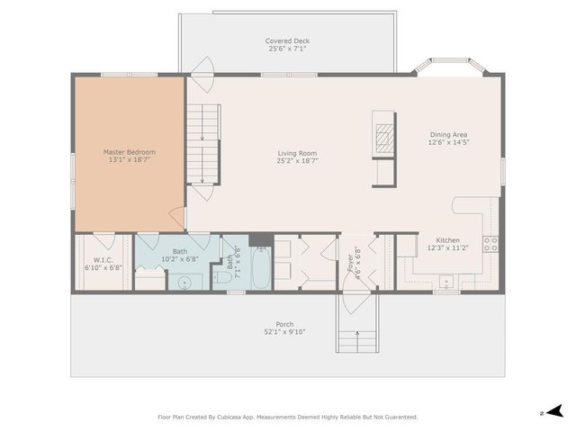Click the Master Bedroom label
pyautogui.click(x=129, y=152)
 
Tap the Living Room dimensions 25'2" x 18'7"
pyautogui.click(x=297, y=162)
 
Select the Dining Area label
pyautogui.click(x=448, y=134)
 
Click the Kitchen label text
pyautogui.click(x=448, y=240)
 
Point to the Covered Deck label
pyautogui.click(x=286, y=41)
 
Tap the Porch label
pyautogui.click(x=284, y=324)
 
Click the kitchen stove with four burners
pyautogui.click(x=490, y=241)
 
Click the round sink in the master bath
pyautogui.click(x=184, y=283)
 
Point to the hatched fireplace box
pyautogui.click(x=383, y=140)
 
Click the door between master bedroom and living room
pyautogui.click(x=179, y=219)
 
